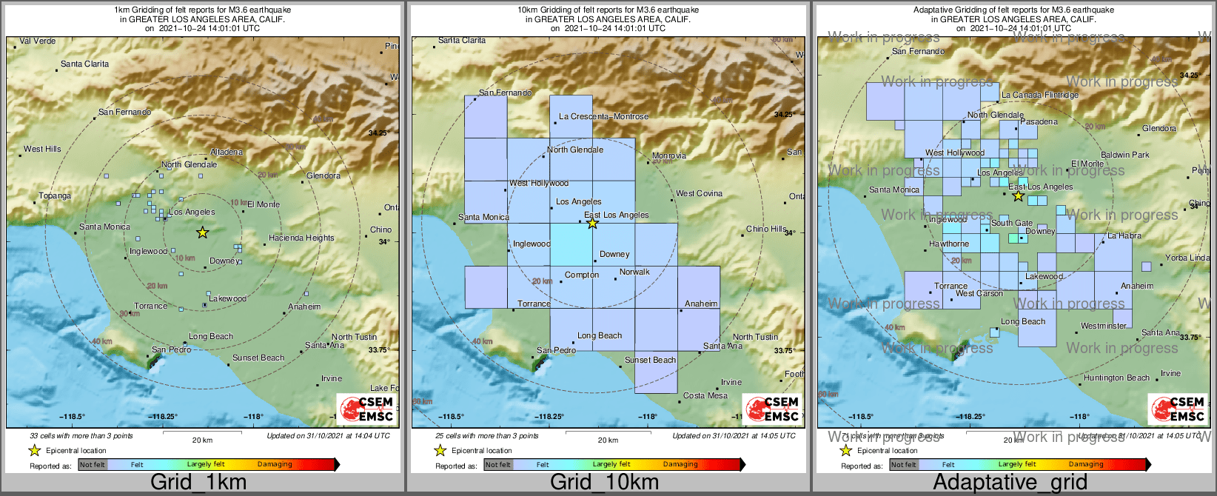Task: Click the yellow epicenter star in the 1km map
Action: click(x=202, y=232)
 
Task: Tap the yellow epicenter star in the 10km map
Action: click(x=592, y=223)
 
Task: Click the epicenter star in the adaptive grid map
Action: click(x=1018, y=196)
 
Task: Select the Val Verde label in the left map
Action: click(x=37, y=41)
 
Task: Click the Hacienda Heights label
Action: click(x=301, y=238)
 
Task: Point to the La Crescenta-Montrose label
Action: click(x=603, y=117)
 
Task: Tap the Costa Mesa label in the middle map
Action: click(x=705, y=396)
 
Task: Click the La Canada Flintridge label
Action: click(x=1040, y=95)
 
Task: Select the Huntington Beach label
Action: click(x=1116, y=378)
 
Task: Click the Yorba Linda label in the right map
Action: click(x=1187, y=258)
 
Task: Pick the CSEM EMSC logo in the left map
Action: click(x=366, y=409)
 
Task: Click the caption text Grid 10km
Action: click(x=604, y=483)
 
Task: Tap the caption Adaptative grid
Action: click(x=1010, y=483)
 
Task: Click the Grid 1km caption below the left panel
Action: click(x=198, y=483)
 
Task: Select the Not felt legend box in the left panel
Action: click(x=93, y=465)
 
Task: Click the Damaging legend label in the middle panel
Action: click(x=680, y=465)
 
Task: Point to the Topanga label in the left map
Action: click(x=55, y=196)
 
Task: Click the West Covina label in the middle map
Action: click(x=699, y=194)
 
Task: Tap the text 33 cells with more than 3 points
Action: click(x=81, y=436)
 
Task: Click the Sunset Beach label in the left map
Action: click(x=258, y=358)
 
